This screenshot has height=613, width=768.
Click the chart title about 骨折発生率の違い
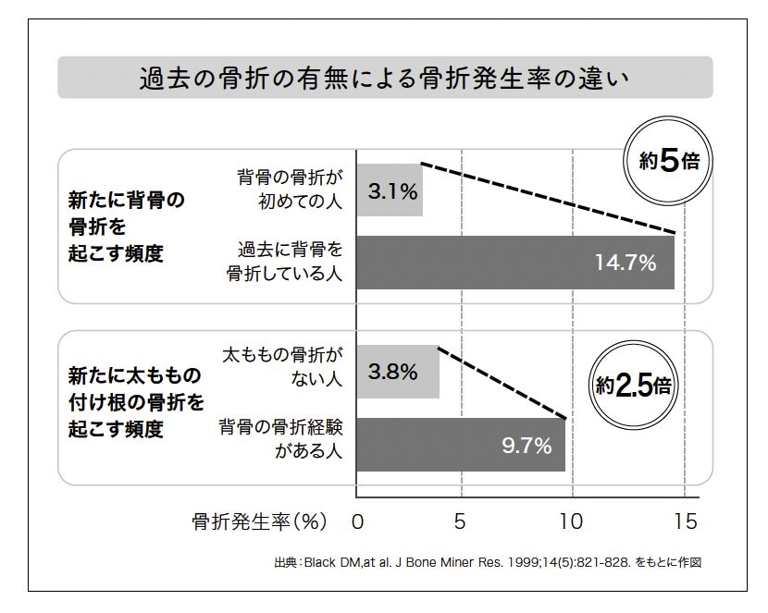(384, 78)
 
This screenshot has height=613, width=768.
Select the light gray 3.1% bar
(390, 190)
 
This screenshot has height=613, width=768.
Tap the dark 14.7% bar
(515, 263)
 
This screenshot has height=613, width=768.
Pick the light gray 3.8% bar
(397, 373)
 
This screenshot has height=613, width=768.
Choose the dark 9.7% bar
(460, 446)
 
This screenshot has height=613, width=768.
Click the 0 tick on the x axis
(357, 521)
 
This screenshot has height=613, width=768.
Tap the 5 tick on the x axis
(460, 521)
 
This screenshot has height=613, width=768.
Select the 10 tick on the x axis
(572, 521)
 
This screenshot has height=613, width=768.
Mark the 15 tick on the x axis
(685, 521)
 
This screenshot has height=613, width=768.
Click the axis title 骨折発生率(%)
(259, 521)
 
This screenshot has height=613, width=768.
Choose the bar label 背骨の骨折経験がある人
(280, 439)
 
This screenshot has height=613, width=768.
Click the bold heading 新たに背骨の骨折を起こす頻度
(127, 227)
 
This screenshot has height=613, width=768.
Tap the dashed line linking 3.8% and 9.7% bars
(502, 383)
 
